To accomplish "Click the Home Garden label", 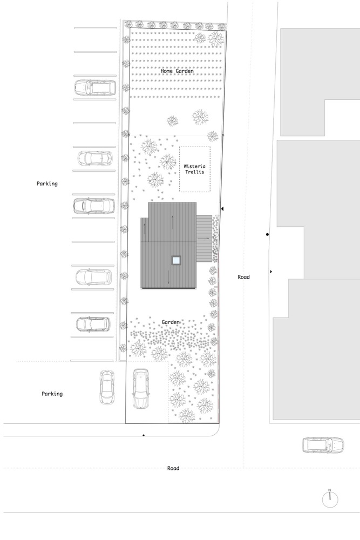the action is click(177, 71).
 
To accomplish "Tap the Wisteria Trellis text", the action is click(194, 168).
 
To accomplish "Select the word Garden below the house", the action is click(171, 322).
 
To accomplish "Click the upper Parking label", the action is click(47, 184).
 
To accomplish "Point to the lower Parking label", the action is click(52, 394).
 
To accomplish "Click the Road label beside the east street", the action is click(243, 276).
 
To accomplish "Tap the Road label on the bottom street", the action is click(173, 468).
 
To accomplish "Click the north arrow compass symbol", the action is click(330, 498).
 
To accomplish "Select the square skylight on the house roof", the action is click(176, 260).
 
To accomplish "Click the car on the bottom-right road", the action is click(323, 445).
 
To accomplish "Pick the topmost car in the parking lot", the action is click(95, 87).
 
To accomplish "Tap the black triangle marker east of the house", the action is click(222, 208).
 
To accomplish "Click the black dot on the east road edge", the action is click(267, 234).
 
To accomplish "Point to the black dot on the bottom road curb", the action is click(144, 435).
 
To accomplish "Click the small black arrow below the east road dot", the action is click(271, 272).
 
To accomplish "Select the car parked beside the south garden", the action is click(141, 389).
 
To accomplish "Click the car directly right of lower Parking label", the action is click(107, 387).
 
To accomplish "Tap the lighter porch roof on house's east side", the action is click(204, 238).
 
